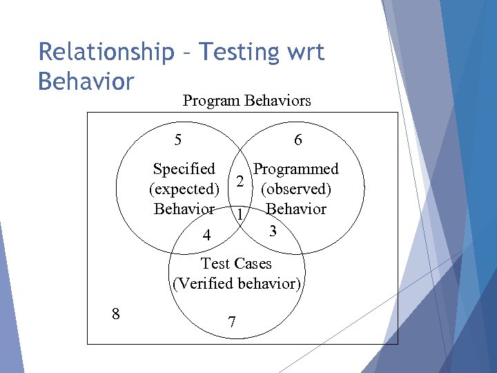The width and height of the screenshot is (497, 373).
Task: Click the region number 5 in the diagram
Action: [178, 140]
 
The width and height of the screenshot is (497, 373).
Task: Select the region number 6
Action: [298, 140]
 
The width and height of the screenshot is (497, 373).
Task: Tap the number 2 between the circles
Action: [239, 181]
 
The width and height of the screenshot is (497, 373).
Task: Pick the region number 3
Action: [273, 231]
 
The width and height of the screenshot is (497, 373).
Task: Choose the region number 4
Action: [206, 236]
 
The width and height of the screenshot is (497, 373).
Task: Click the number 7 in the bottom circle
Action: [232, 323]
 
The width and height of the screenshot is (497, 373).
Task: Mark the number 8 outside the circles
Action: [115, 314]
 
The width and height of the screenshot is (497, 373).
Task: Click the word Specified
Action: [184, 169]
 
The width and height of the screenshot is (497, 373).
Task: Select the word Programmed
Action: [296, 169]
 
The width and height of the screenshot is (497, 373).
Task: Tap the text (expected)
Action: [184, 189]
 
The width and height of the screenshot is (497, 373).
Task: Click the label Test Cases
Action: [236, 263]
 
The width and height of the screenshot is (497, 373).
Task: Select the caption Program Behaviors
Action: [246, 101]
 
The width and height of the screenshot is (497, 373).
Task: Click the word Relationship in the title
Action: [106, 52]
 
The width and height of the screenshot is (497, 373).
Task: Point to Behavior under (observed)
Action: [296, 209]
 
